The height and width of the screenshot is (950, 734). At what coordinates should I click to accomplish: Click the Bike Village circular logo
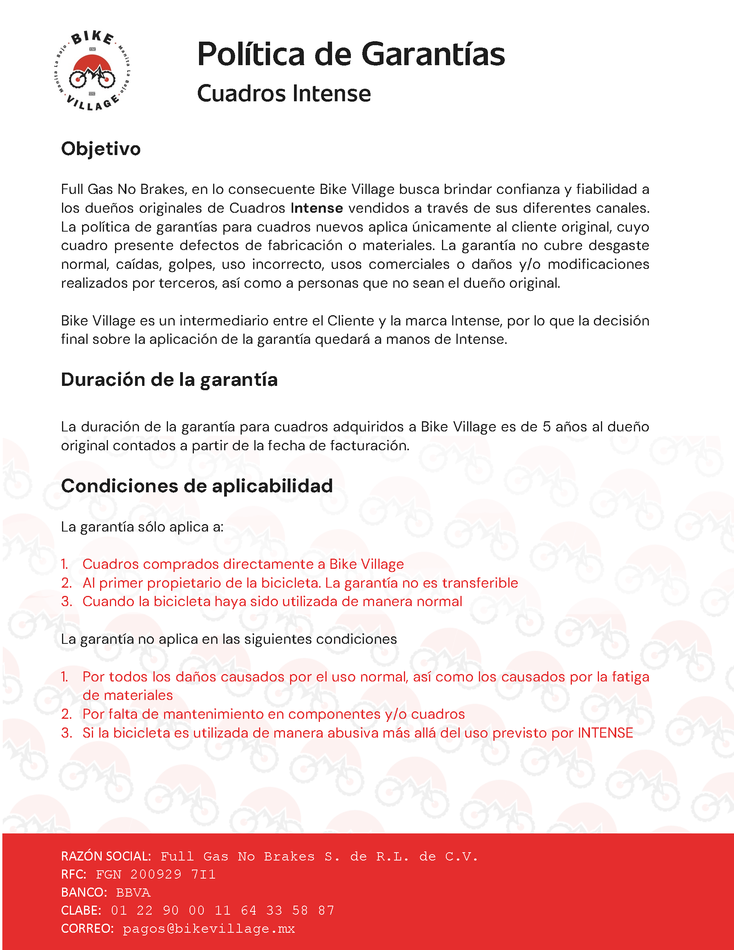click(93, 71)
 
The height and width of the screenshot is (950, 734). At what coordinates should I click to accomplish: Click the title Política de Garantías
click(351, 55)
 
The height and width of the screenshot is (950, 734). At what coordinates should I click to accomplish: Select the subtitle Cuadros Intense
click(283, 93)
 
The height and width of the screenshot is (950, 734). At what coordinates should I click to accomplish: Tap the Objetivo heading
click(100, 149)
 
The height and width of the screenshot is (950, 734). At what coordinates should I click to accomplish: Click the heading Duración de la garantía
click(169, 380)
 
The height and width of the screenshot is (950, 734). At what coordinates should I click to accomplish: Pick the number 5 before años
click(546, 427)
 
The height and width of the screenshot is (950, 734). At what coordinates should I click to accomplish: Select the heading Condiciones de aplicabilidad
click(197, 486)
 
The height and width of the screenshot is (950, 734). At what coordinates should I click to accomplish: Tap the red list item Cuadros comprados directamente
click(243, 564)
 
